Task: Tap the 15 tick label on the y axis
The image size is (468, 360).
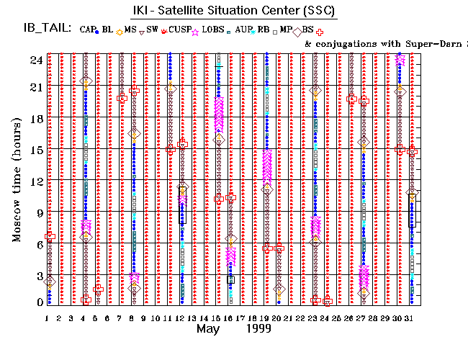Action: tap(33, 149)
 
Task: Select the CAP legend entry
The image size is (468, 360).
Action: tap(88, 30)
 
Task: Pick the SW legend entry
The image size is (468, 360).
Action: tap(152, 30)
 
